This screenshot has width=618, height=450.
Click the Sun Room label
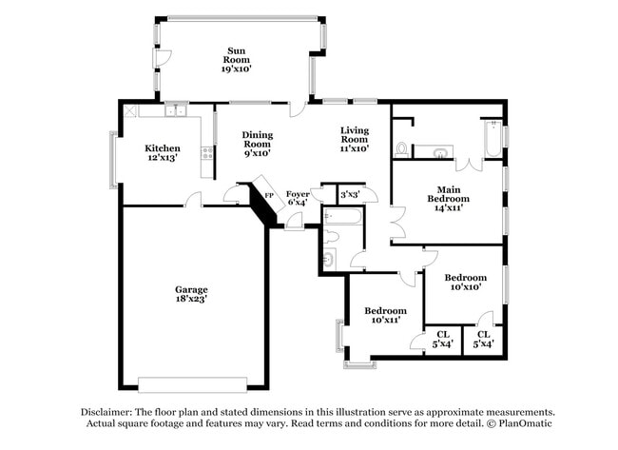(x=237, y=59)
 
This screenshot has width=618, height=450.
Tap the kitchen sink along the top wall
(x=175, y=111)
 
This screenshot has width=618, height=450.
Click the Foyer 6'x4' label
(x=298, y=198)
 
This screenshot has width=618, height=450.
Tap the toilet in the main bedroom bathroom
(x=402, y=149)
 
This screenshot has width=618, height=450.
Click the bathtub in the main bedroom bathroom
(x=492, y=140)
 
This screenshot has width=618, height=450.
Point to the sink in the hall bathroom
(x=328, y=258)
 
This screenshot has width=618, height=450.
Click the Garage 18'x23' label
(x=191, y=294)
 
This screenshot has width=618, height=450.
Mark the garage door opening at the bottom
(x=191, y=383)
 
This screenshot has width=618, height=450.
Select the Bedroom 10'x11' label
(x=386, y=315)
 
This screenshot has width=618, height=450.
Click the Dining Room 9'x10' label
(x=257, y=144)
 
